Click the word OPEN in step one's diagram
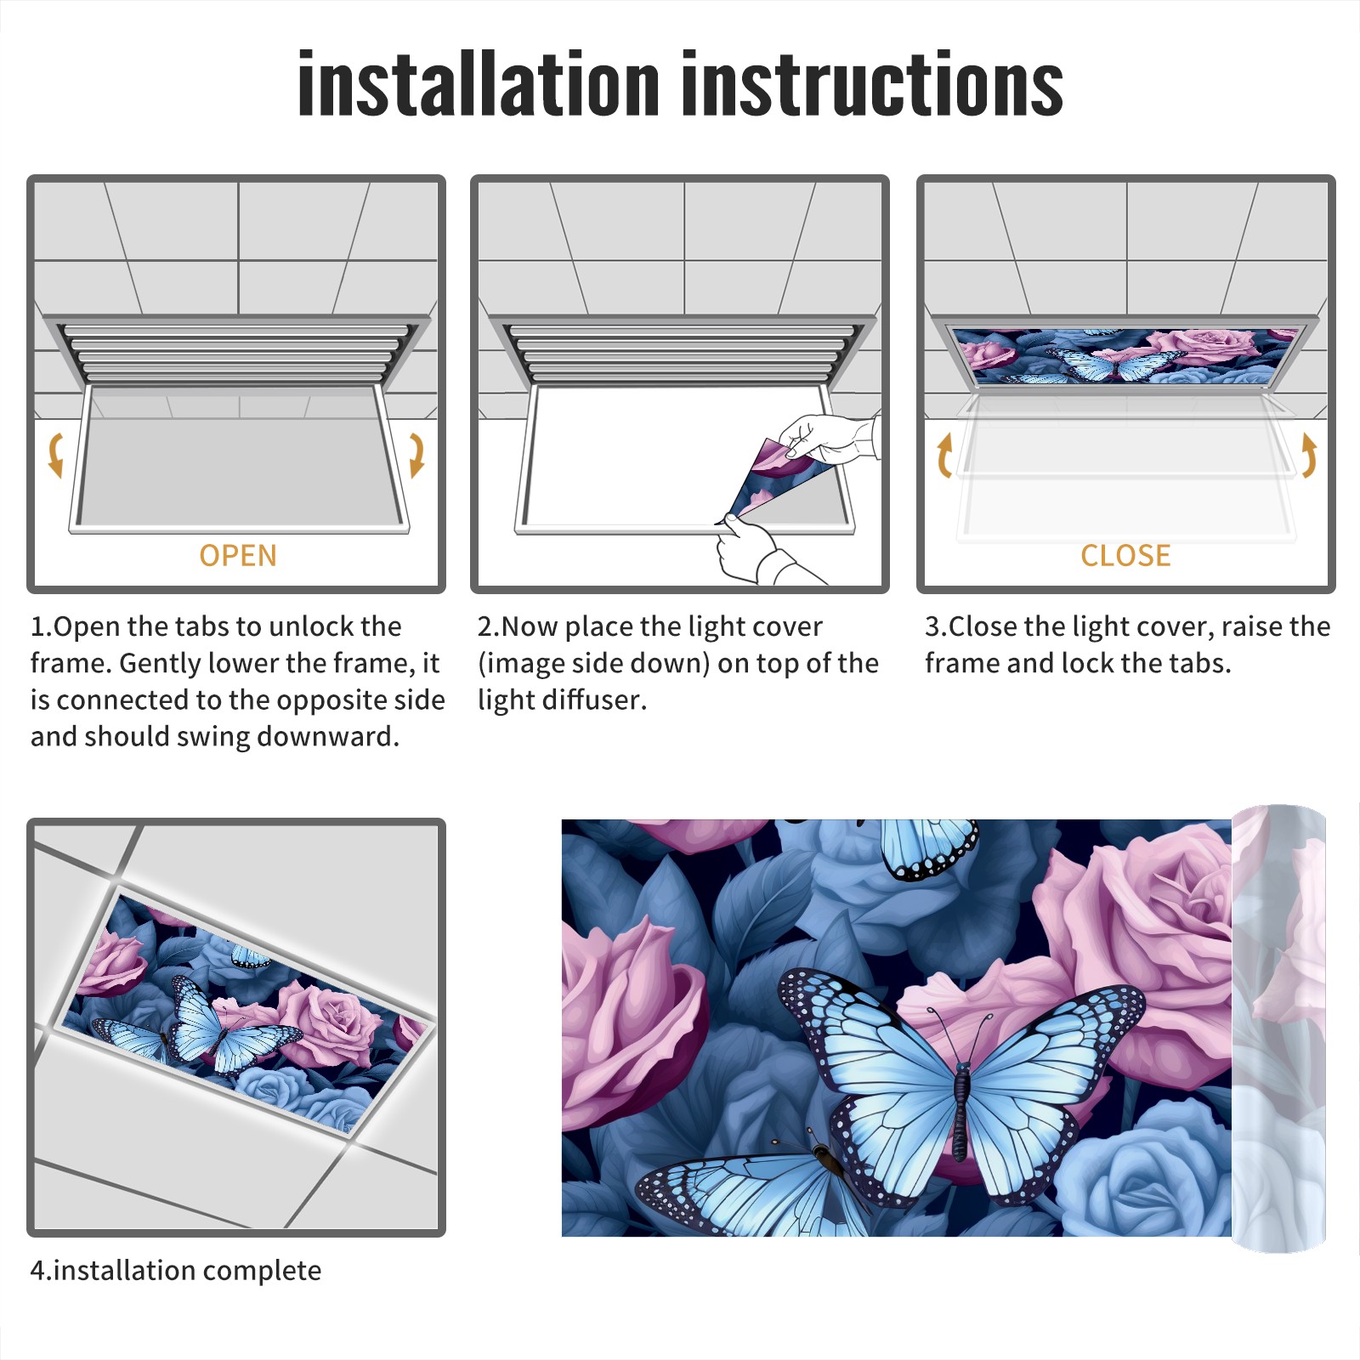(x=238, y=556)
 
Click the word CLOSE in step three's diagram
(x=1125, y=556)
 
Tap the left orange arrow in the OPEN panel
(x=56, y=455)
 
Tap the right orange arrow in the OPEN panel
(x=416, y=455)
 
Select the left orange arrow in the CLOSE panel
(x=944, y=455)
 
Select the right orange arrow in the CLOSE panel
(x=1309, y=455)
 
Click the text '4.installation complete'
(x=176, y=1270)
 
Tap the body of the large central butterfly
(x=961, y=1109)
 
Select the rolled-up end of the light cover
(x=1278, y=1028)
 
